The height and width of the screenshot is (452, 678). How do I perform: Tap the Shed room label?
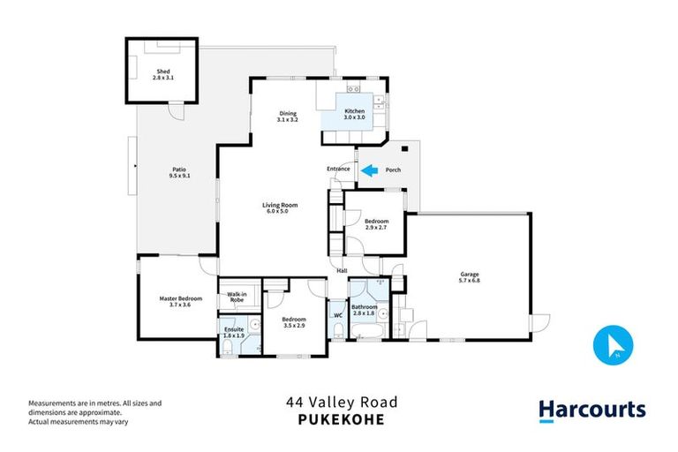click(162, 74)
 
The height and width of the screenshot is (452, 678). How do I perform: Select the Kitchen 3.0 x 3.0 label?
click(354, 115)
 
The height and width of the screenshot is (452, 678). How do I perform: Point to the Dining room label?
click(288, 116)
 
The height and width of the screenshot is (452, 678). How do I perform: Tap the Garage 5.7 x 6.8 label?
click(469, 277)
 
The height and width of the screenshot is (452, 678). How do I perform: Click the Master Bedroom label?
click(180, 302)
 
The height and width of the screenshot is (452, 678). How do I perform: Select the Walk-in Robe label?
click(236, 298)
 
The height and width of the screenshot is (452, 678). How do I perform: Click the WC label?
click(338, 315)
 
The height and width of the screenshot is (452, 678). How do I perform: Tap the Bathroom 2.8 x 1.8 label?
click(364, 311)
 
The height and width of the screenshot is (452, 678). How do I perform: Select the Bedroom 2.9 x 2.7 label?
click(377, 224)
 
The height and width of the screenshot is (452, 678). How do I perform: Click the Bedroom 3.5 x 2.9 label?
click(293, 322)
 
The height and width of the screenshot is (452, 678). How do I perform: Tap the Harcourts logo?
click(591, 410)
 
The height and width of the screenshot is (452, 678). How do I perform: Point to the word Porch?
click(394, 170)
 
